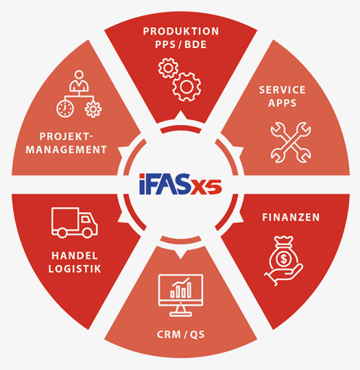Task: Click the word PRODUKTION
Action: [181, 32]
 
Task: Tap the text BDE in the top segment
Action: [195, 45]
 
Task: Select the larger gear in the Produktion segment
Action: [187, 86]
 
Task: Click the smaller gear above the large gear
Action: [168, 68]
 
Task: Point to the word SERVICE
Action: [283, 90]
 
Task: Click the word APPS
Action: [283, 103]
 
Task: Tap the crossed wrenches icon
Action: [291, 142]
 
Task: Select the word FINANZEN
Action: [291, 218]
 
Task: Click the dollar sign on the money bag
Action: [284, 259]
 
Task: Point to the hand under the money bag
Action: [284, 275]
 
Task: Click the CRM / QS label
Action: [180, 334]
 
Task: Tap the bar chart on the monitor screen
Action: [180, 288]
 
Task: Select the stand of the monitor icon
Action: [180, 311]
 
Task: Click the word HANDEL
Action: [75, 256]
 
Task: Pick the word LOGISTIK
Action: [75, 269]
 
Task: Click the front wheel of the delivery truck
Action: [87, 233]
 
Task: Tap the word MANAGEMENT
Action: [67, 150]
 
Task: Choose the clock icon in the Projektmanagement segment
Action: [65, 108]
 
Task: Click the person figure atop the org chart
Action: [79, 81]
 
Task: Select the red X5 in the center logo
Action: [206, 186]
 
